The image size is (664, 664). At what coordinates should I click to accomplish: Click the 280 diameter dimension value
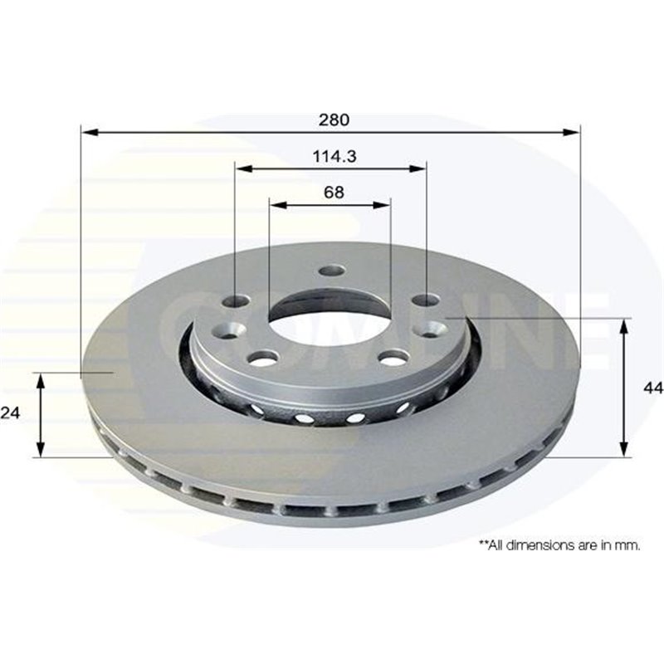(332, 120)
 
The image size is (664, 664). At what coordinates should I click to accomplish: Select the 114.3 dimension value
(330, 156)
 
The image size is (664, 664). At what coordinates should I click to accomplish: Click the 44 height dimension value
(653, 387)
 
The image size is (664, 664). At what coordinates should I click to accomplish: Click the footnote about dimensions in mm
(559, 544)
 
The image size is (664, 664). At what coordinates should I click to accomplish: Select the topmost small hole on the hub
(332, 271)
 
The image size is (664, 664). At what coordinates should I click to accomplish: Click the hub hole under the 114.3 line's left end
(237, 300)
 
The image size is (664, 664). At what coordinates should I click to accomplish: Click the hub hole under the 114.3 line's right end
(426, 300)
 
